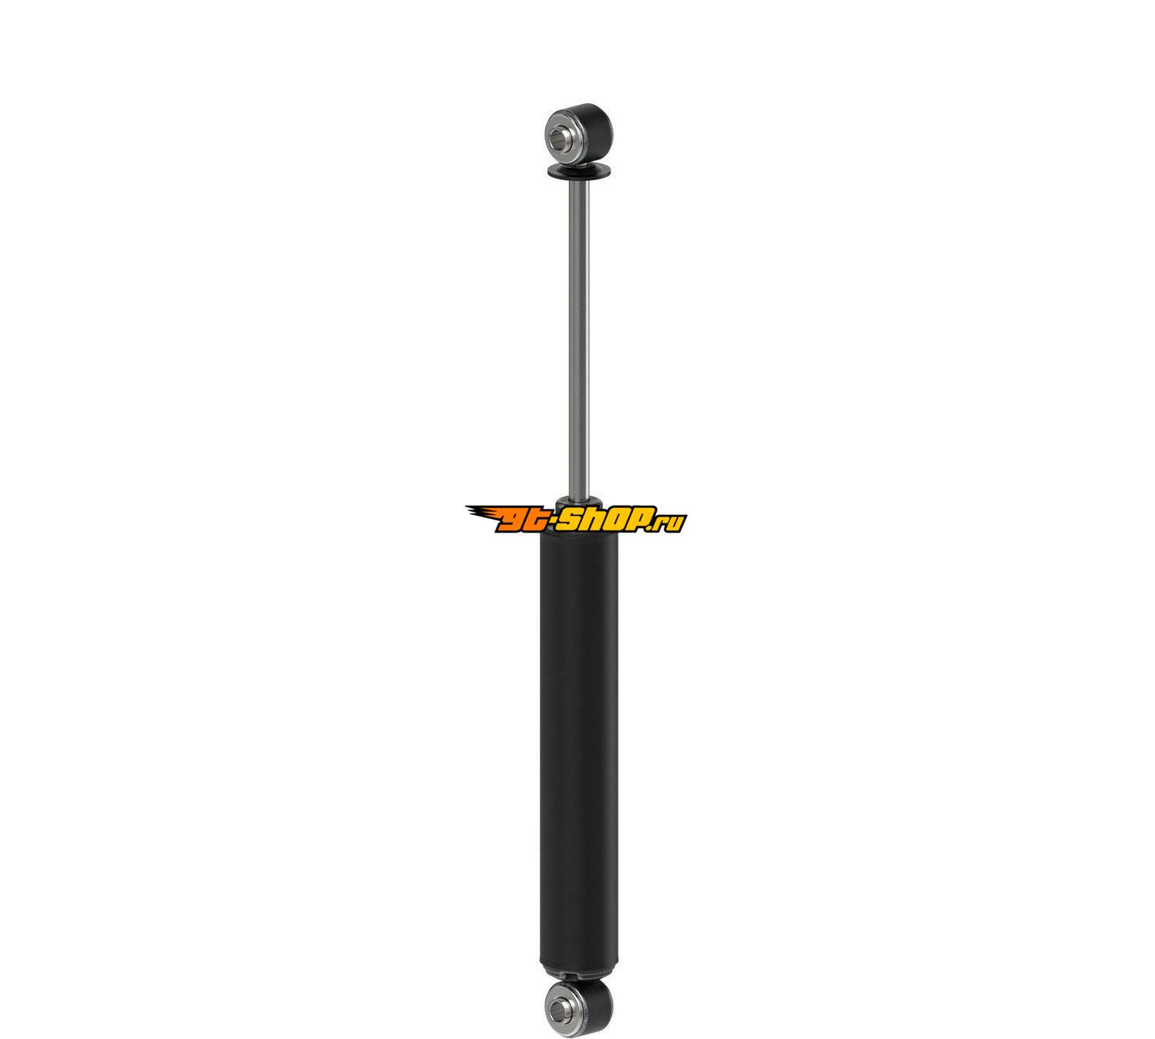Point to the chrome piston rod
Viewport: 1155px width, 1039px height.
(579, 339)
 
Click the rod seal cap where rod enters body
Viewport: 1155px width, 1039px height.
(578, 501)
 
